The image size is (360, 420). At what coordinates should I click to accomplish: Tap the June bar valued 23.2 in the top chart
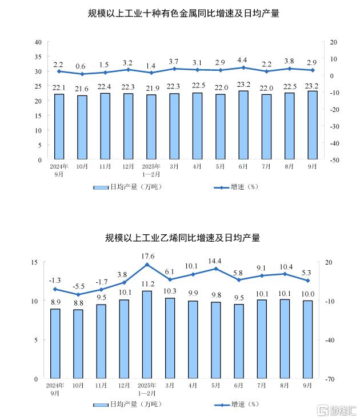pos(243,125)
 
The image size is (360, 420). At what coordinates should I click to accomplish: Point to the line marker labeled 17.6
pos(147,265)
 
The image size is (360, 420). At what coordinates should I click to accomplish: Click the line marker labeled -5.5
pos(78,294)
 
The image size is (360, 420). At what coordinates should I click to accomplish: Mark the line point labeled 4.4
pos(243,67)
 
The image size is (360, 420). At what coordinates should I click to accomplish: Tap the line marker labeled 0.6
pos(82,74)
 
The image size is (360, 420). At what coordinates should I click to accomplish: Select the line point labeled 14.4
pos(216,269)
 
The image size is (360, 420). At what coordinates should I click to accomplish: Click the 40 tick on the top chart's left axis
pos(38,42)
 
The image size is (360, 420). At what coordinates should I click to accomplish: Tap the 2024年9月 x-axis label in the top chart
pos(59,170)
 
